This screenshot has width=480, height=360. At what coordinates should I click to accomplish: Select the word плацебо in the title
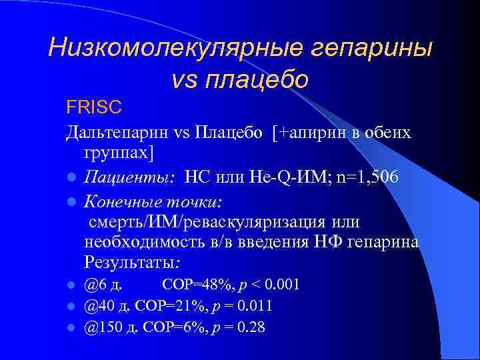[257, 80]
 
